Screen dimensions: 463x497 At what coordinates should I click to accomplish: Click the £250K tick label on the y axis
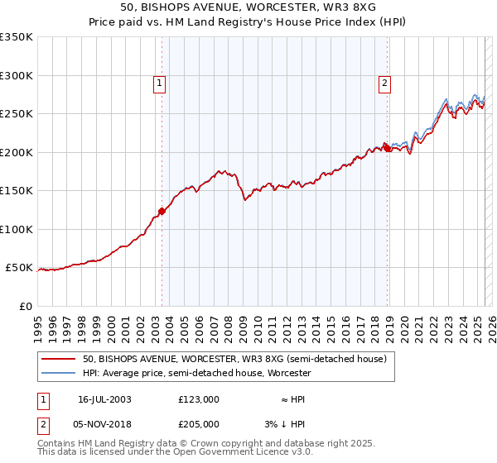17,114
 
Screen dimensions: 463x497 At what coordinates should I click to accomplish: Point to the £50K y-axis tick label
19,268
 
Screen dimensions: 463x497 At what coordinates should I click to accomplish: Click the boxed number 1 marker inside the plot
158,82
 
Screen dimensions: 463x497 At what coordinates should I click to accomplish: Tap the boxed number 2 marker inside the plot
385,82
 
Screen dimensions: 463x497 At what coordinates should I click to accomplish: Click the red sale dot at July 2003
162,212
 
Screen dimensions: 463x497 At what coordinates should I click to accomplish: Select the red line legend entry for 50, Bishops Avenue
234,359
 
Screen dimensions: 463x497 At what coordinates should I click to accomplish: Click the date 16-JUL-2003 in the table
104,399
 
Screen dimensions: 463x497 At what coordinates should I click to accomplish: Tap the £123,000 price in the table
198,399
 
